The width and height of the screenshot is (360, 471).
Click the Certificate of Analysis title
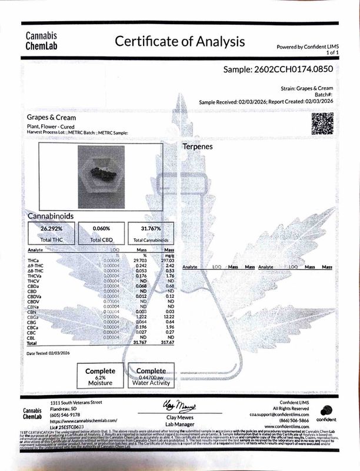coord(180,42)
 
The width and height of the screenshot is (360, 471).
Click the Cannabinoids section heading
coord(51,216)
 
